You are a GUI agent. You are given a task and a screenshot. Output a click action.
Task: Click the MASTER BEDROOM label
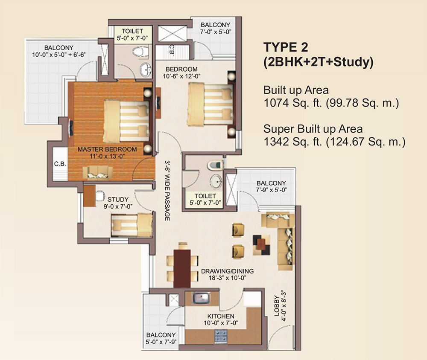[x=107, y=149]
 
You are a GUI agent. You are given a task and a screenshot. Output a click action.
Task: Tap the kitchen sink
[x=201, y=298]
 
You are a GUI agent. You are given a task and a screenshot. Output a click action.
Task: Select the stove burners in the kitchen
[x=221, y=336]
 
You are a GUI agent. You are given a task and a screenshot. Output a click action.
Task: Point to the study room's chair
[x=100, y=196]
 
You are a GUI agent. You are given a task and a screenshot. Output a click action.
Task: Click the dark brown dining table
[x=182, y=268]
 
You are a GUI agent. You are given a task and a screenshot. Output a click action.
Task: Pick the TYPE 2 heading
[x=286, y=47]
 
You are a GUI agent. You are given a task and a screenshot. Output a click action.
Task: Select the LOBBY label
[x=277, y=305]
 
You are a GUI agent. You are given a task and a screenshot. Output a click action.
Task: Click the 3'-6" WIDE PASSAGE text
[x=167, y=190]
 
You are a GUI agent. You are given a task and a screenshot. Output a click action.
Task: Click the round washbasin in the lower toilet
[x=216, y=181]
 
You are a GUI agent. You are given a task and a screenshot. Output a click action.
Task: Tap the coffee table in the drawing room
[x=262, y=245]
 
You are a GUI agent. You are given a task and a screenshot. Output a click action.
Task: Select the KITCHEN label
[x=221, y=316]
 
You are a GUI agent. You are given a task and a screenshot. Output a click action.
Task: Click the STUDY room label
[x=118, y=200]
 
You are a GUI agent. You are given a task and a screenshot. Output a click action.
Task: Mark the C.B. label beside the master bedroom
[x=60, y=164]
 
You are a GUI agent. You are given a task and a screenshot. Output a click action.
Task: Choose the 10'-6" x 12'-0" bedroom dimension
[x=181, y=76]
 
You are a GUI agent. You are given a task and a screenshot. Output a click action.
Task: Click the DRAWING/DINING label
[x=228, y=271]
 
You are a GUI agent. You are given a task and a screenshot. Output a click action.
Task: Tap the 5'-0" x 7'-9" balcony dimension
[x=161, y=342]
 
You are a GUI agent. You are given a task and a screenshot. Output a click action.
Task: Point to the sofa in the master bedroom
[x=97, y=173]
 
